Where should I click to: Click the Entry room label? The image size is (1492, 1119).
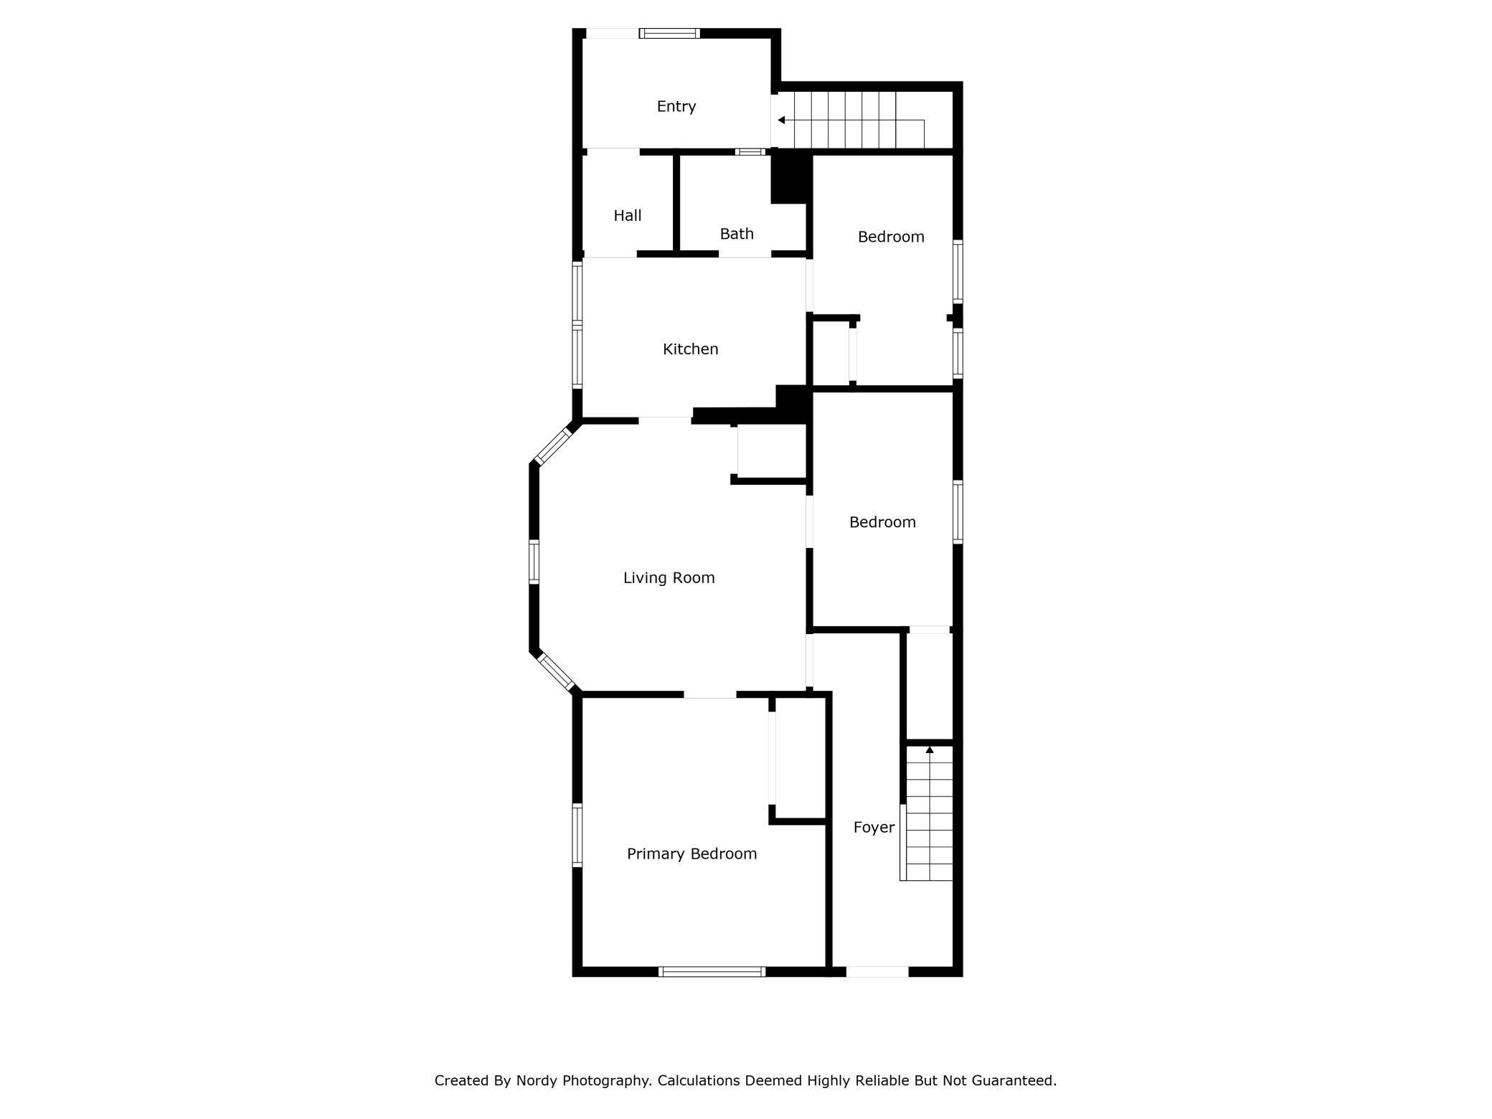click(x=676, y=106)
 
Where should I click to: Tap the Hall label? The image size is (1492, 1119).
click(x=627, y=215)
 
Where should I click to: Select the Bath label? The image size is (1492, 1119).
click(x=736, y=234)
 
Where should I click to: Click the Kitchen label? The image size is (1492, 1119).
click(x=690, y=349)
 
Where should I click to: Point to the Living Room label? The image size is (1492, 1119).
click(x=669, y=577)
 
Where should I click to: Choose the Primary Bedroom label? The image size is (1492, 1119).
click(x=691, y=854)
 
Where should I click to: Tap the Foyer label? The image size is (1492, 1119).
click(x=874, y=827)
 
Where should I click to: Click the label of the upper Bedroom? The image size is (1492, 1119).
click(x=891, y=237)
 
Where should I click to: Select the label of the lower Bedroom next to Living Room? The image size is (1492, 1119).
click(x=882, y=522)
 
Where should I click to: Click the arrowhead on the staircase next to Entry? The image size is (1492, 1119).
click(x=781, y=120)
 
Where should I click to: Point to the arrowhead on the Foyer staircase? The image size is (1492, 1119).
click(x=930, y=750)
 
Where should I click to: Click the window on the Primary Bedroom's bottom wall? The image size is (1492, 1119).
click(x=712, y=972)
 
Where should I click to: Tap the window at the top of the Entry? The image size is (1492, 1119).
click(x=669, y=33)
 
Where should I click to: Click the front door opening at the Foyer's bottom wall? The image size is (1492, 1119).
click(x=877, y=972)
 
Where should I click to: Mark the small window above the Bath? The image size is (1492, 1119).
click(x=750, y=152)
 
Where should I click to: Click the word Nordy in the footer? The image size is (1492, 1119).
click(x=537, y=1080)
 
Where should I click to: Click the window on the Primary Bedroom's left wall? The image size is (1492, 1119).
click(x=577, y=835)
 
